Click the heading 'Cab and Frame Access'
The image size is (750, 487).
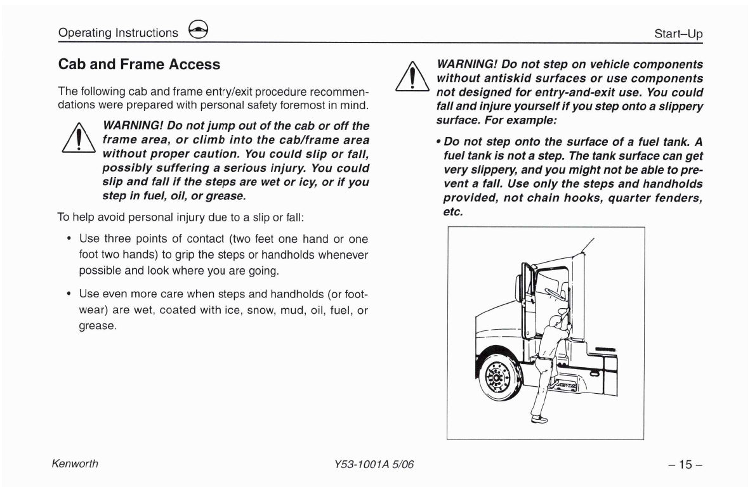click(x=139, y=65)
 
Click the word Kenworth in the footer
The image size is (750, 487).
click(x=75, y=464)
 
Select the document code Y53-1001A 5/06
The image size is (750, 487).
click(x=374, y=464)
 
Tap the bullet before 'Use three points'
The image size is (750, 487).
click(x=69, y=239)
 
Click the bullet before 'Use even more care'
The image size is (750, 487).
click(x=69, y=295)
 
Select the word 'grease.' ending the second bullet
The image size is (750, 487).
click(x=98, y=325)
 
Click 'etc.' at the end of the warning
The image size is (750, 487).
click(x=453, y=212)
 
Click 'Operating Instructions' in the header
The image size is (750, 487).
click(x=118, y=33)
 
